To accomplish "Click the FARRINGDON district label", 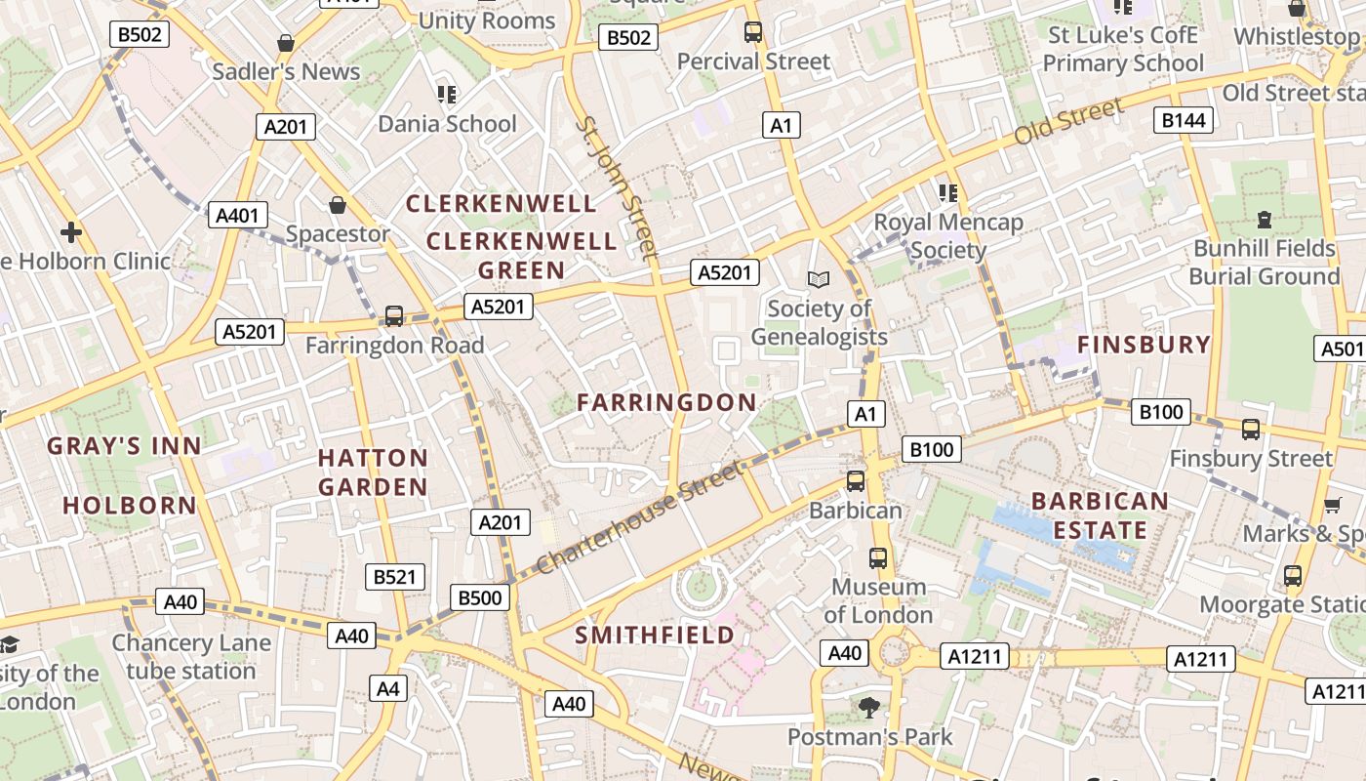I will (666, 402).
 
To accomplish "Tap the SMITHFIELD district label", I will (654, 636).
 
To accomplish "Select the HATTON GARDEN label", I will (373, 472).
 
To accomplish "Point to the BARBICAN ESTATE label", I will (1100, 515).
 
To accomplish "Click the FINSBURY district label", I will (1144, 345).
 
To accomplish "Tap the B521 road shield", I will (395, 576).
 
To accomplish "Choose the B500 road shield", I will (480, 597).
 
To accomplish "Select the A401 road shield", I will (237, 216).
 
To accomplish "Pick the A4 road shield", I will (388, 689).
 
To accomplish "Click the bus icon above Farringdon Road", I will (394, 315).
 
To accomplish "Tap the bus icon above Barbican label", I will (856, 480).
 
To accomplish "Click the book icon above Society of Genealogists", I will (819, 280).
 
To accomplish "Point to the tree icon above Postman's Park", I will (868, 707).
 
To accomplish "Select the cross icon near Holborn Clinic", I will (70, 232).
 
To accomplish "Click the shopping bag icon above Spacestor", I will (338, 205).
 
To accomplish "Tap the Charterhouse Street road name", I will (639, 519).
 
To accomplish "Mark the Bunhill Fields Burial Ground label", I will (1265, 262).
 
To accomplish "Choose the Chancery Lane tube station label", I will (190, 657).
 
